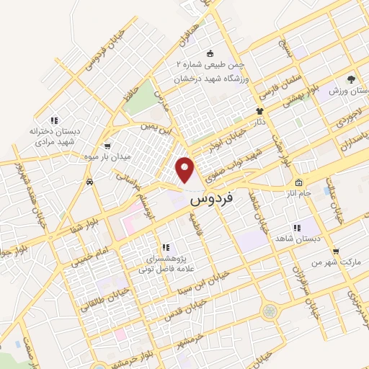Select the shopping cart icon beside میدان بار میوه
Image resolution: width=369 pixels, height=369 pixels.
(x=107, y=146)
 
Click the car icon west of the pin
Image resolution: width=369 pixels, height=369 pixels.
(x=89, y=182)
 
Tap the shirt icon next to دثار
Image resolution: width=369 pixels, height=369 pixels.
(x=259, y=112)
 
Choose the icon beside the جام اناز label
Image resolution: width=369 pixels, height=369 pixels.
(x=298, y=183)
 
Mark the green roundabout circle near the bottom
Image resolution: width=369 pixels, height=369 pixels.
(x=270, y=311)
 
